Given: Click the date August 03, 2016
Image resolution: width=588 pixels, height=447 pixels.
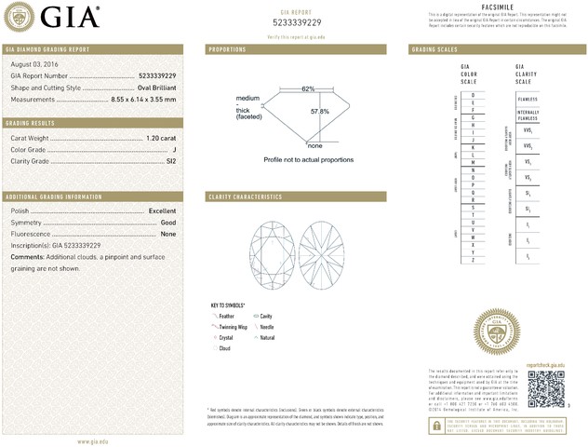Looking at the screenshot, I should tap(33, 63).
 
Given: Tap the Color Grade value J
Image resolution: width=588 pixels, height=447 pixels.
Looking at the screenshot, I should tap(174, 150).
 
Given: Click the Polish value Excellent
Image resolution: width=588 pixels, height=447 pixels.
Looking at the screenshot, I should tap(162, 211).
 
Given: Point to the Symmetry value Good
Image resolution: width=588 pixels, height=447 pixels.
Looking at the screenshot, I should tap(168, 223).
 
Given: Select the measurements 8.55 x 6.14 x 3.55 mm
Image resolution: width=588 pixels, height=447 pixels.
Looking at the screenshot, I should tap(143, 99).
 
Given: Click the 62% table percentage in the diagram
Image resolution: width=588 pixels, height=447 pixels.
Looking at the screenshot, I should tap(308, 88).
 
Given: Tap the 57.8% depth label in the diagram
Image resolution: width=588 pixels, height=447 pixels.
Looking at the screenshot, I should tap(319, 111).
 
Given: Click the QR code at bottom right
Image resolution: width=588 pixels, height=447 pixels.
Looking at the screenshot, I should tap(546, 386).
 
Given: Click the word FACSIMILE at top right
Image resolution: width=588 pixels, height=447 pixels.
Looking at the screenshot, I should tap(497, 7).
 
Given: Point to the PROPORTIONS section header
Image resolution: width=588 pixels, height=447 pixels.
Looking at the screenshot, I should tap(227, 48).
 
